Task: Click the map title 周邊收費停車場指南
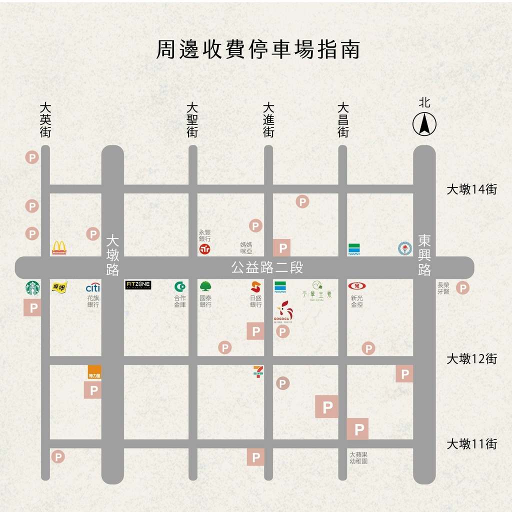pos(258,50)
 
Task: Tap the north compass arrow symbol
pos(424,124)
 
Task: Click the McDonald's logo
pos(59,247)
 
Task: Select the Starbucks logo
pos(32,287)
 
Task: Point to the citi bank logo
pos(93,287)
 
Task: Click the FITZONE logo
pos(138,285)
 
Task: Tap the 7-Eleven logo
pos(258,372)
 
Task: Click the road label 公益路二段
pos(267,267)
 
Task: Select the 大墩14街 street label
pos(471,189)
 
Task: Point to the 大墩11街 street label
pos(471,444)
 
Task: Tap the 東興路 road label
pos(424,255)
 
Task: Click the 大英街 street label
pos(45,120)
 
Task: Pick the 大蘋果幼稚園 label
pos(358,458)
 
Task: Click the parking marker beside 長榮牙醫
pos(462,287)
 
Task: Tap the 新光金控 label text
pos(356,300)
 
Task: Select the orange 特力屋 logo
pos(94,372)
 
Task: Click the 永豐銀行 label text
pos(205,235)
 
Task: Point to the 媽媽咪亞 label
pos(246,247)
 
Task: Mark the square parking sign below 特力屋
pos(92,390)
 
